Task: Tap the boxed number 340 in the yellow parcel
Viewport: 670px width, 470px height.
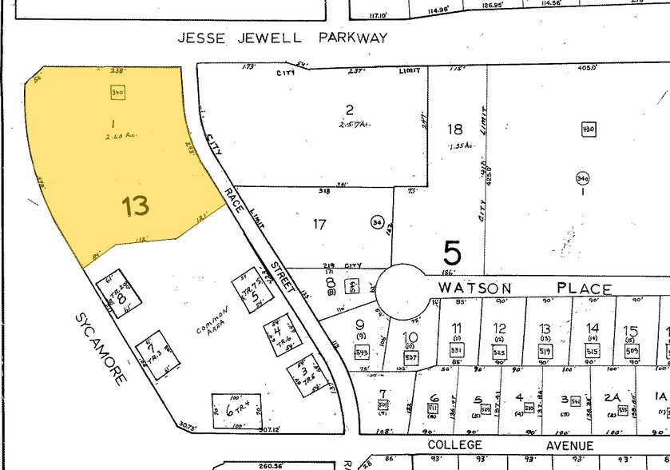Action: click(x=118, y=93)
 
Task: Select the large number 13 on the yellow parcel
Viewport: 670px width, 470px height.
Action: click(x=136, y=207)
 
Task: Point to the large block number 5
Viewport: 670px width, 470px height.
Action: click(x=452, y=254)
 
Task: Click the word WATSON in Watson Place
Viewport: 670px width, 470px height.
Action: click(x=470, y=289)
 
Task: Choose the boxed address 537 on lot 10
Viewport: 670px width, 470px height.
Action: click(x=410, y=356)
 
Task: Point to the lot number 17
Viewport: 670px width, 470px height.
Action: click(x=319, y=225)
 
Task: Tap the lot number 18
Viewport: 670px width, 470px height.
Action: click(x=454, y=129)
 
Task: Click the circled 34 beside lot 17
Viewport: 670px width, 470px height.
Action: click(x=375, y=221)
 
